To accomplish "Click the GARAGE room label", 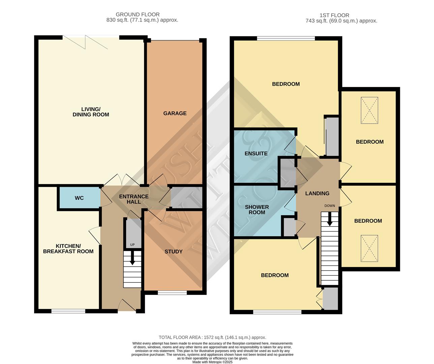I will point(175,113).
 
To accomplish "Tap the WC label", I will point(79,198).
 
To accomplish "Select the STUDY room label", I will point(173,251).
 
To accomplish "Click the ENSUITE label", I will point(256,153).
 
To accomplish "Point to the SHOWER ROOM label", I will point(257,210).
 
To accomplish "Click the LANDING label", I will point(317,193).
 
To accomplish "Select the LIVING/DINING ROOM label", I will point(91,112).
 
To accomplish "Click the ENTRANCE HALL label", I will point(134,199).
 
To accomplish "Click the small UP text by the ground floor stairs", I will point(132,245).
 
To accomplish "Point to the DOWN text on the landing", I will point(329,206).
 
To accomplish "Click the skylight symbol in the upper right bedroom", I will point(369,111).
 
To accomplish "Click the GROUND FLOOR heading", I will point(138,14).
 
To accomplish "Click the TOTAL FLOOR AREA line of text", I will point(212,337).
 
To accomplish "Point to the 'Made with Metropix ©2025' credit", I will point(212,362).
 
